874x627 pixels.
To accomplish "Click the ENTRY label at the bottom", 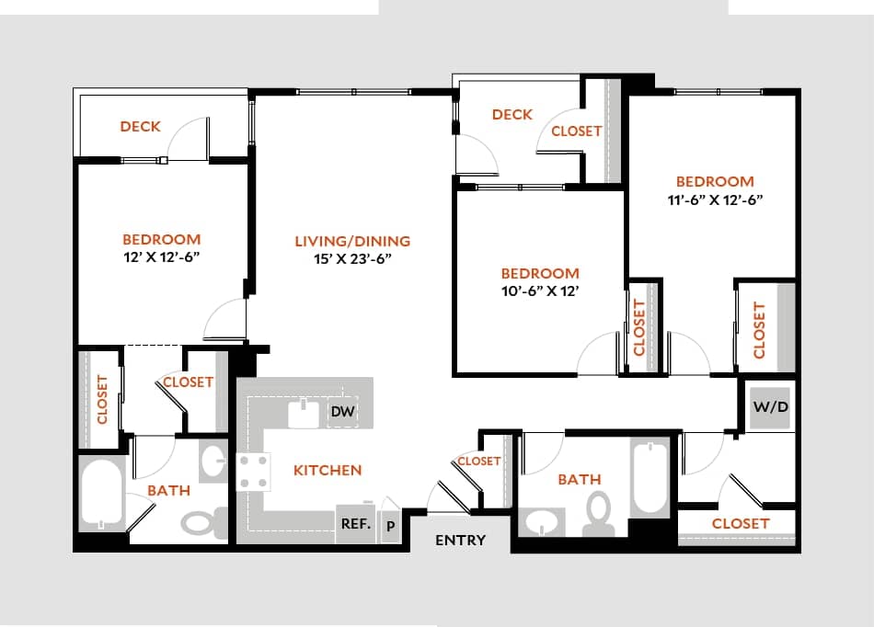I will point(460,541).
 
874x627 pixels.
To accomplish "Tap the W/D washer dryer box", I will point(770,406).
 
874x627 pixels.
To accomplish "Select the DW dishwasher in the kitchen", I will point(342,412).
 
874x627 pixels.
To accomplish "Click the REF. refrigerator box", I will point(355,525).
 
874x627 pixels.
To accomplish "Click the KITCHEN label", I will point(328,470).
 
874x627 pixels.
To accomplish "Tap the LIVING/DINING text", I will point(352,241).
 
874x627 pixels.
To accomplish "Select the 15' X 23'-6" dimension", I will point(352,258).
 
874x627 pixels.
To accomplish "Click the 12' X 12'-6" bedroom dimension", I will point(161,256).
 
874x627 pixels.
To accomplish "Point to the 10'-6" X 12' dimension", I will point(539,291).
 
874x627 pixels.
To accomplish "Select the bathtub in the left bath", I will point(100,494).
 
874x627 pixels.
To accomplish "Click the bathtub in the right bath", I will point(650,476).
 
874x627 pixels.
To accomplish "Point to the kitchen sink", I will point(303,413).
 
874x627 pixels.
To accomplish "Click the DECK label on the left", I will point(140,126).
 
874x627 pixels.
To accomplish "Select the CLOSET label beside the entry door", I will point(478,461).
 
